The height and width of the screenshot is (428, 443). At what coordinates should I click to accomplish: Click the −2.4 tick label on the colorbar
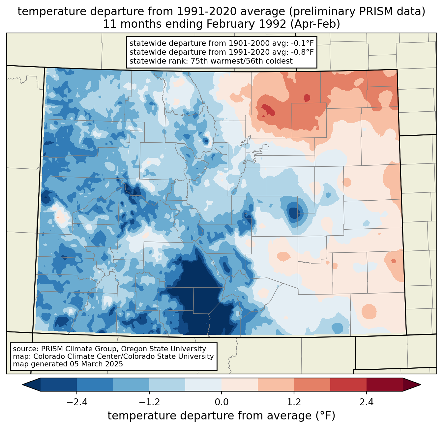(76, 402)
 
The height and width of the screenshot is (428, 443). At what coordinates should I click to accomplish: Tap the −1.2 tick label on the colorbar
(149, 402)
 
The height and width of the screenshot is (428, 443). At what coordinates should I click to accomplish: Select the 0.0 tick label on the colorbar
(221, 402)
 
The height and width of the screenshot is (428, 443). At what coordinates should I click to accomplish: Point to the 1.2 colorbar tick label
(294, 402)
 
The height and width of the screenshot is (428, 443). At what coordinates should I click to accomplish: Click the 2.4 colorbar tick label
(367, 402)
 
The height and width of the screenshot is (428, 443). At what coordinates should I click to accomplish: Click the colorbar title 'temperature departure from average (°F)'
(221, 416)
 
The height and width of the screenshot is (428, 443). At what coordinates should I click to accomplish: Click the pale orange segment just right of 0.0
(240, 385)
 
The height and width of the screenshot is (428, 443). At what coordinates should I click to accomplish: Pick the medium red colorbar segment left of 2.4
(348, 385)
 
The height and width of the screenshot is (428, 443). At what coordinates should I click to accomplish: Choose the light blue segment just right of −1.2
(167, 385)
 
